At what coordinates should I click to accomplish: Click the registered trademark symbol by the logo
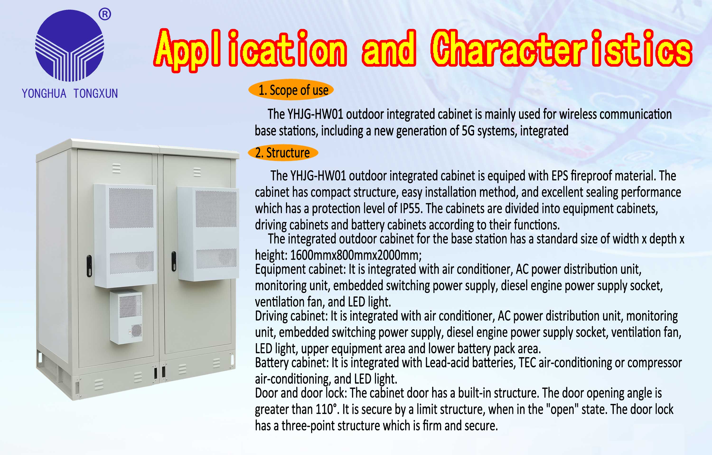tap(105, 14)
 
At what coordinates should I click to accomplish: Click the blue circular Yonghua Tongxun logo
tap(70, 45)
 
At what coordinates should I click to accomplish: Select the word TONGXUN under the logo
tap(96, 93)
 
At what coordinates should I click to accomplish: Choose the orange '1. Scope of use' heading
tap(291, 90)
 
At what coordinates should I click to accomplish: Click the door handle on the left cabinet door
tap(89, 266)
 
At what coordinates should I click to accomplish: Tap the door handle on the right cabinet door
tap(174, 261)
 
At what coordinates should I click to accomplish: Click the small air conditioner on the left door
tap(126, 317)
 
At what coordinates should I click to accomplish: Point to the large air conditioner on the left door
tap(125, 236)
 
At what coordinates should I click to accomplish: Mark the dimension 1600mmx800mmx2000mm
tap(356, 255)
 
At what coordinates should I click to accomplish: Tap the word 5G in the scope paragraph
tap(468, 131)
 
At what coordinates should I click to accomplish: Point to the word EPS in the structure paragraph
tap(560, 176)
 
